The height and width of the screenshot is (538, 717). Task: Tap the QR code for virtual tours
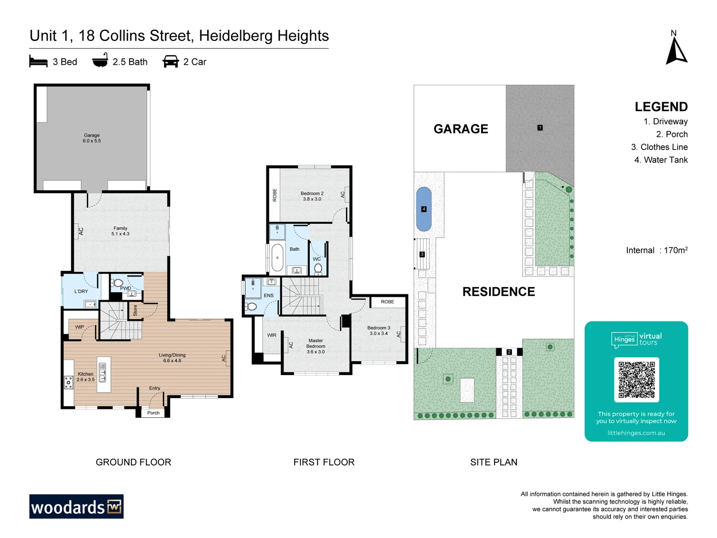tap(636, 380)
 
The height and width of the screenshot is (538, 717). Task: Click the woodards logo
tap(76, 507)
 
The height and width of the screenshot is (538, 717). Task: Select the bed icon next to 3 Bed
tap(38, 62)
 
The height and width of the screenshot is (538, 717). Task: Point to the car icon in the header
tap(171, 62)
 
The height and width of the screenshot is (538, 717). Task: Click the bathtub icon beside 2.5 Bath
tap(100, 61)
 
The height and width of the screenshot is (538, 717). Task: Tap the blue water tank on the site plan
tap(424, 209)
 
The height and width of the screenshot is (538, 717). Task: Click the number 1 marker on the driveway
tap(540, 128)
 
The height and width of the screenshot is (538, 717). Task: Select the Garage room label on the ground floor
tap(92, 138)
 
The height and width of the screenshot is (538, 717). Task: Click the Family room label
tap(120, 231)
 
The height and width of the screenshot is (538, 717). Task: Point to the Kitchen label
tap(86, 377)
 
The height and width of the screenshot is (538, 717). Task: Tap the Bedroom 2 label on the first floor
tap(312, 196)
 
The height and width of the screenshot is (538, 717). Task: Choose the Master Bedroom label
tap(316, 346)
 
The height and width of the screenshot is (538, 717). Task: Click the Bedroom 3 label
tap(379, 331)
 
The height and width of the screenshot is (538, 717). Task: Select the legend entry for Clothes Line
tap(659, 147)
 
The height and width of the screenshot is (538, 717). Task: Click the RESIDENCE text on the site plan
tap(498, 292)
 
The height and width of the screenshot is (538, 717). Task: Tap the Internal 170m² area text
tap(657, 250)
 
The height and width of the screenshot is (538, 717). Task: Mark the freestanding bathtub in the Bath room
tap(277, 258)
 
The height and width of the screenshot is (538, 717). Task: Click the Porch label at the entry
tap(153, 413)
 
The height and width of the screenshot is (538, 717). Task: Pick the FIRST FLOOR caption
tap(324, 462)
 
